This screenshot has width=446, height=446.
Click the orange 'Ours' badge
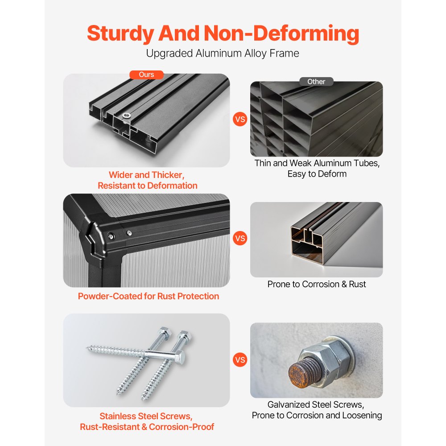click(x=146, y=74)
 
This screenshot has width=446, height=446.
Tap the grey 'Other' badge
click(x=316, y=82)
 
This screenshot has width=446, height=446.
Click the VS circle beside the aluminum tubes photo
click(x=240, y=119)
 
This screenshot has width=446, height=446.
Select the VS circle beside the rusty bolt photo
click(x=240, y=360)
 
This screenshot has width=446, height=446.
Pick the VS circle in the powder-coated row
click(x=240, y=238)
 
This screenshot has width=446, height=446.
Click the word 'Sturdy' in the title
click(x=120, y=33)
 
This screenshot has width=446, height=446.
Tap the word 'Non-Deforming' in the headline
click(x=281, y=33)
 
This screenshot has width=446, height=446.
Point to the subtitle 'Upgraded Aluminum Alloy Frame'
click(x=223, y=54)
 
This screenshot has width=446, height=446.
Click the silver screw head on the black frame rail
click(x=127, y=116)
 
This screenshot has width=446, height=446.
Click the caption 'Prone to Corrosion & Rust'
click(x=317, y=284)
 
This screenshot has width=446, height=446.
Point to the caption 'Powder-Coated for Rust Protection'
click(x=149, y=296)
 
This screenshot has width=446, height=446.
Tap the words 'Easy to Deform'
click(x=317, y=174)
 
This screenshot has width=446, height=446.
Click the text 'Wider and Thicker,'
click(x=146, y=175)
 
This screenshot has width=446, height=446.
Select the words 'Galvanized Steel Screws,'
click(x=316, y=405)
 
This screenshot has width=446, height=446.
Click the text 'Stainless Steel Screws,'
click(x=146, y=416)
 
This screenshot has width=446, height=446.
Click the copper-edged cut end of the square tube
click(x=307, y=244)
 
